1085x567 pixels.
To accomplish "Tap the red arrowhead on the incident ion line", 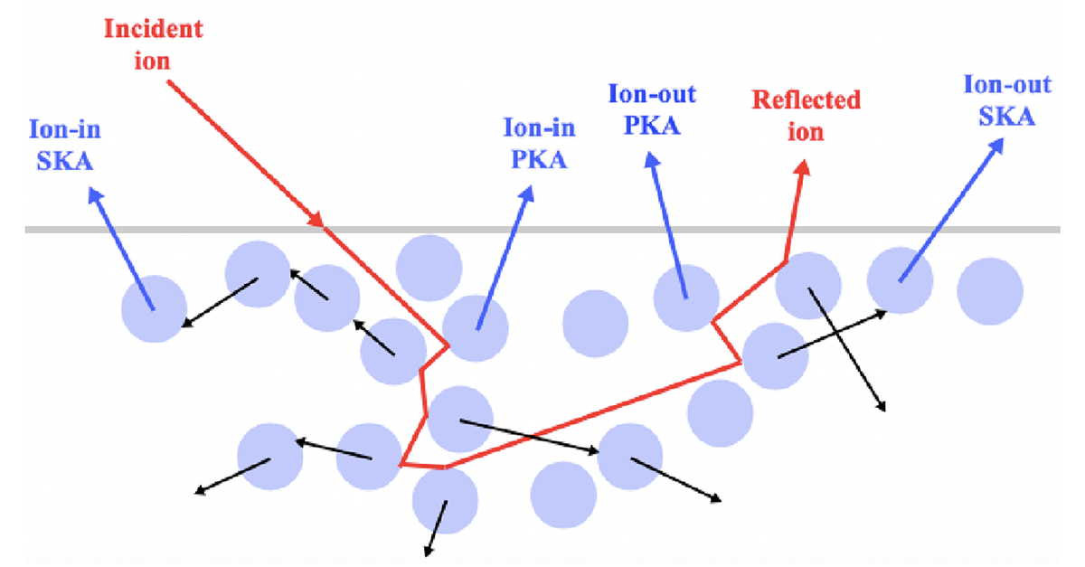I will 316,220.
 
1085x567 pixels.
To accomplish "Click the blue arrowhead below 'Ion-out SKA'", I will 995,149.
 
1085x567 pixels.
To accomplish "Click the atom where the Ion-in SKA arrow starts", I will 155,308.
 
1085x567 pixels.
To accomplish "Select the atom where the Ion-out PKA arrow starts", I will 685,297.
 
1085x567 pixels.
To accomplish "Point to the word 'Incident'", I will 154,28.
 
